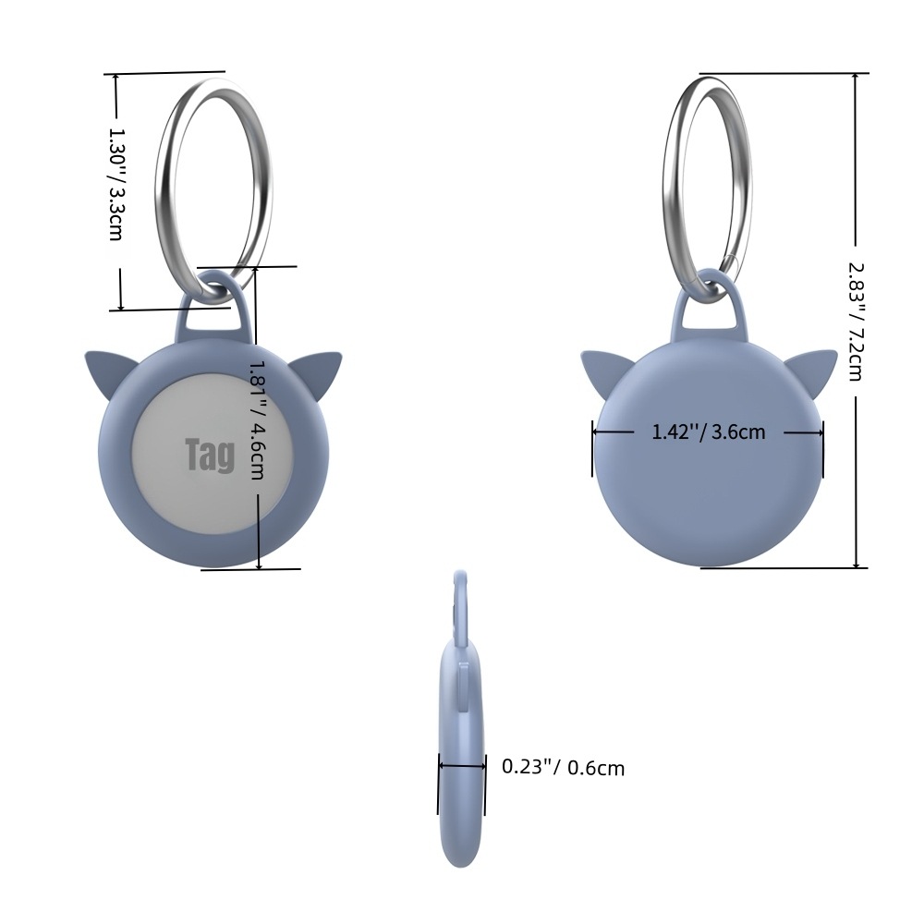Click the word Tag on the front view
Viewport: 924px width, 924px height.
pos(210,455)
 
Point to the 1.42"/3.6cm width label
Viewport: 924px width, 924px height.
pos(709,432)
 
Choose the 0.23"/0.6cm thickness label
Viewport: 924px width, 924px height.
pos(563,767)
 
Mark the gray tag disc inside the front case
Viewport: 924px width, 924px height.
pos(185,490)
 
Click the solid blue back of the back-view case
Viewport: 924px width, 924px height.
pos(709,499)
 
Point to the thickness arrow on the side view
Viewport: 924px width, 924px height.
pos(462,765)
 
